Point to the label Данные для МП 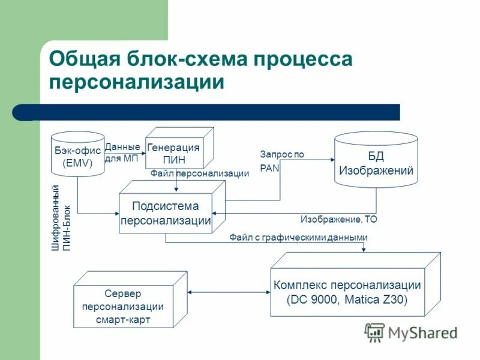[122, 153]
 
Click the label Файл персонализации [199, 174]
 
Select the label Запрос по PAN [282, 161]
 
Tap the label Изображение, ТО [338, 220]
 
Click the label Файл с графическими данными [298, 238]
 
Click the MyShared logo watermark [411, 332]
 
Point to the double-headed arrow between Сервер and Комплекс [229, 292]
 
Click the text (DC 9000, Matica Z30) [347, 300]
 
